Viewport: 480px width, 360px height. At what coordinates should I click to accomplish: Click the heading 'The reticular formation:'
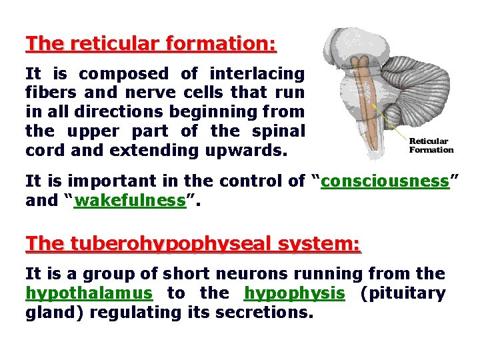point(151,44)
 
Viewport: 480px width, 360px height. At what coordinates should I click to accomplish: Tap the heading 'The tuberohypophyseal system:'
point(193,244)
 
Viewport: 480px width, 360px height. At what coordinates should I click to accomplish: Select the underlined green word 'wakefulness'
point(130,201)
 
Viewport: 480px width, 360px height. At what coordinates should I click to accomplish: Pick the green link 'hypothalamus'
point(89,293)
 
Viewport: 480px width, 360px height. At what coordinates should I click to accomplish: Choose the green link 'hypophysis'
point(295,293)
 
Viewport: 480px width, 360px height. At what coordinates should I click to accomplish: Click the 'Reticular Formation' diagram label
point(430,145)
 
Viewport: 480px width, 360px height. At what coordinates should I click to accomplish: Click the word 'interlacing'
point(257,73)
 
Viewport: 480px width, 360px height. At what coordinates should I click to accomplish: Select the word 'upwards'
point(246,150)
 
